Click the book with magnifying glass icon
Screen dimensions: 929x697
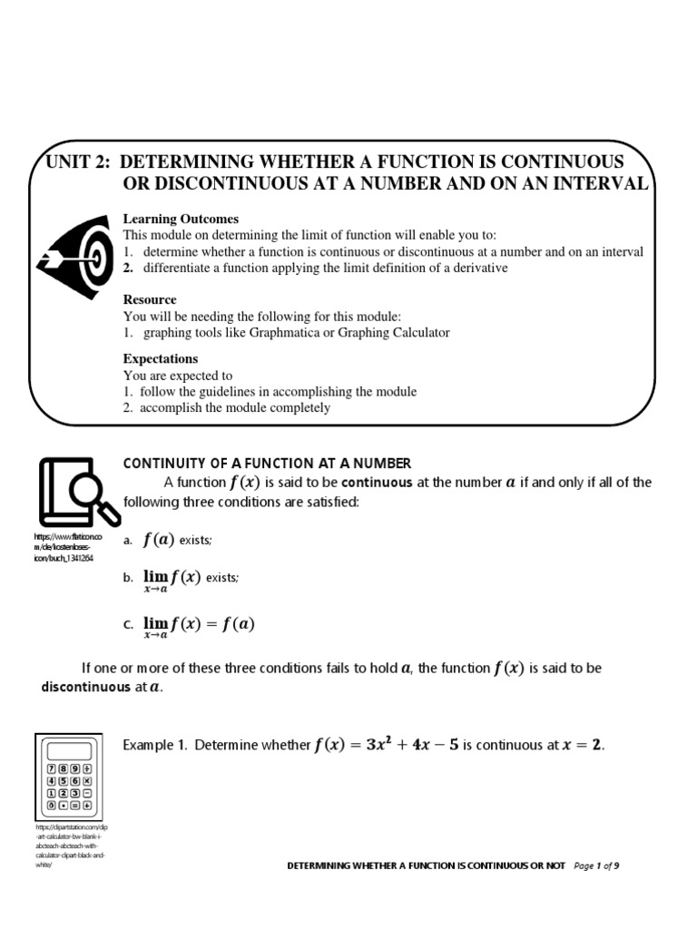(x=78, y=490)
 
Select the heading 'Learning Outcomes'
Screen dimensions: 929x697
(x=181, y=219)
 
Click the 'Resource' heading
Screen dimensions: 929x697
(x=150, y=299)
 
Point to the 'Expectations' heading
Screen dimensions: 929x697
(x=161, y=358)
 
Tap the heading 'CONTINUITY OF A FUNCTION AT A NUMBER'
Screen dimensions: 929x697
(x=267, y=464)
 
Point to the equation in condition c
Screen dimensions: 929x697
(x=199, y=626)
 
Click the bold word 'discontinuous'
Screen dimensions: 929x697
(x=86, y=687)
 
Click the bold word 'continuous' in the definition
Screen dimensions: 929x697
(x=377, y=483)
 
